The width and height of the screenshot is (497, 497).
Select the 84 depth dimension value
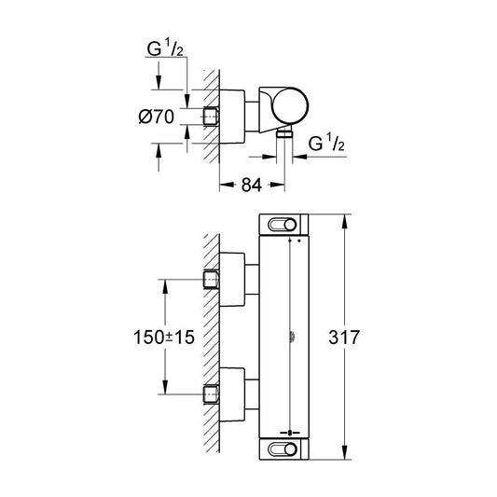(x=250, y=186)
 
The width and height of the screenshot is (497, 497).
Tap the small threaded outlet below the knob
(x=285, y=135)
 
